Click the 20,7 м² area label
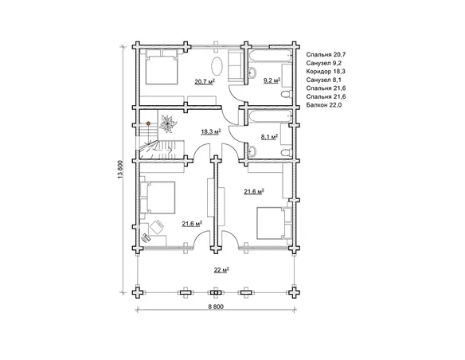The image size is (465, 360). pyautogui.click(x=205, y=81)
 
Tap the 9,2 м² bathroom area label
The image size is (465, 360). pyautogui.click(x=272, y=80)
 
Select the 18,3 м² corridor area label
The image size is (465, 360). pyautogui.click(x=211, y=131)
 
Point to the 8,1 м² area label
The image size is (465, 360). pyautogui.click(x=269, y=137)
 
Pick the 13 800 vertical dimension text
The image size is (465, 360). pyautogui.click(x=120, y=170)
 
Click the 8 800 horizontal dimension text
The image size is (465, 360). pyautogui.click(x=216, y=307)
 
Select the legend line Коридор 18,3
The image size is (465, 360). pyautogui.click(x=326, y=72)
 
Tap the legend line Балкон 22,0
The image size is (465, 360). pyautogui.click(x=324, y=105)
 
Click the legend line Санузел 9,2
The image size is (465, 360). pyautogui.click(x=324, y=63)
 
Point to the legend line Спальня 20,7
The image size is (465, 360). pyautogui.click(x=326, y=55)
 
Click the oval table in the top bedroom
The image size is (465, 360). pyautogui.click(x=217, y=66)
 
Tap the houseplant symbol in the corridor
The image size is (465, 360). pyautogui.click(x=168, y=124)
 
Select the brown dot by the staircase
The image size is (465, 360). pyautogui.click(x=148, y=123)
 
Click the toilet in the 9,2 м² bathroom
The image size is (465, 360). pyautogui.click(x=286, y=95)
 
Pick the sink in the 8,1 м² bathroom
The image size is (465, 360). pyautogui.click(x=252, y=151)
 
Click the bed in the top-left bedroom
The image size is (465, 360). pyautogui.click(x=162, y=67)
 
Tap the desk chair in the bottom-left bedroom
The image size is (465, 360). pyautogui.click(x=157, y=227)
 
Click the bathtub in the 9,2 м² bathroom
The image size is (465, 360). pyautogui.click(x=271, y=57)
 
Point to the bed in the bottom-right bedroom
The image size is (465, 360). pyautogui.click(x=274, y=223)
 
